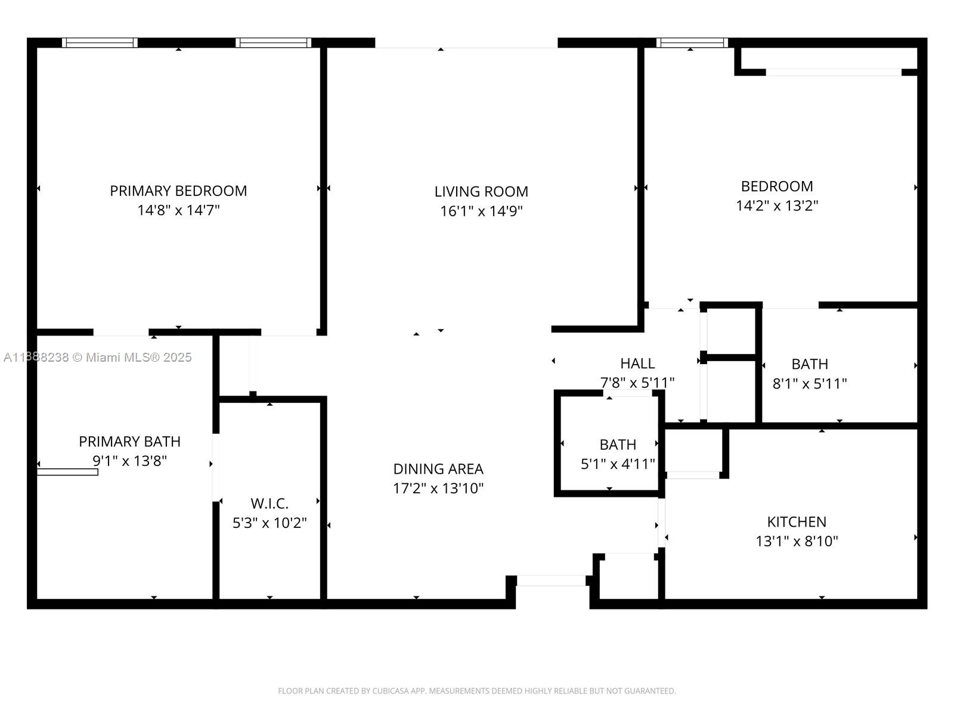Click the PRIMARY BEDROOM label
(178, 191)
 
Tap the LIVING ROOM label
(481, 191)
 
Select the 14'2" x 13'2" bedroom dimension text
(777, 206)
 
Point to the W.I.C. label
(270, 503)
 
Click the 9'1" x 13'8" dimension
(129, 461)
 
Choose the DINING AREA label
(438, 469)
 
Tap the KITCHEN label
(796, 521)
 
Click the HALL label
(637, 363)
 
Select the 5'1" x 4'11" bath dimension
(618, 464)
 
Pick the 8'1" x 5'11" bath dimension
(809, 384)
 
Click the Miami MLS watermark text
(97, 357)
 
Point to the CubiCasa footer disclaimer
(477, 691)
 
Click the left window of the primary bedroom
(100, 42)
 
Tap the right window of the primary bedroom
(273, 42)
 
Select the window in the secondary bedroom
(692, 42)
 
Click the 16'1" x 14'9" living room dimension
(481, 211)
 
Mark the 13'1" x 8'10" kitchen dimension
(796, 542)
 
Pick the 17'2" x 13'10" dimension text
(438, 489)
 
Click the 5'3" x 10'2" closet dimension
(270, 523)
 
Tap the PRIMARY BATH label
(129, 442)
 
